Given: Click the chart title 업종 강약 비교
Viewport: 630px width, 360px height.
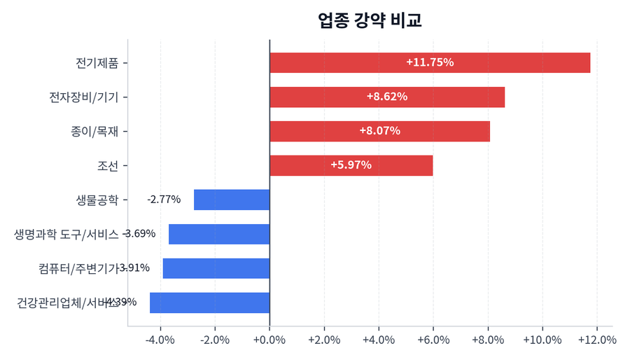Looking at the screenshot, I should tap(370, 20).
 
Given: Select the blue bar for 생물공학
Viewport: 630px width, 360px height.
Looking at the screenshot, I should tap(232, 200).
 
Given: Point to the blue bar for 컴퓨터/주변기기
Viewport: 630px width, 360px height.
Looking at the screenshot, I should tap(216, 268).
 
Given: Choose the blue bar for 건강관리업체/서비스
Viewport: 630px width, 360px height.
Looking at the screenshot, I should tap(210, 303).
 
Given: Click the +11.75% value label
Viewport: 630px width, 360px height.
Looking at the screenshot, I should tap(430, 62).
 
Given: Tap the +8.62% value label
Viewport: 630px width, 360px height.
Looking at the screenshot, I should tap(387, 97).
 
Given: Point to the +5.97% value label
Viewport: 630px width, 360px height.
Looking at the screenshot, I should tap(351, 165).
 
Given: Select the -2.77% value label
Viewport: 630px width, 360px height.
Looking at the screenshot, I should tap(164, 200).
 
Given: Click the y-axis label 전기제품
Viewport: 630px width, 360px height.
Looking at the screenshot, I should tap(97, 62).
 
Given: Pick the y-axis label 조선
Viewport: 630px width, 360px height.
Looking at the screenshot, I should tap(108, 165).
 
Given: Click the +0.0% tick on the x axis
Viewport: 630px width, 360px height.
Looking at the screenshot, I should tap(269, 340).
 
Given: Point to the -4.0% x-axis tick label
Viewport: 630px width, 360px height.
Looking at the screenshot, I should tap(160, 340).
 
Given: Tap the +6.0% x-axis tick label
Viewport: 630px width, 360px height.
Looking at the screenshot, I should tap(433, 340).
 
